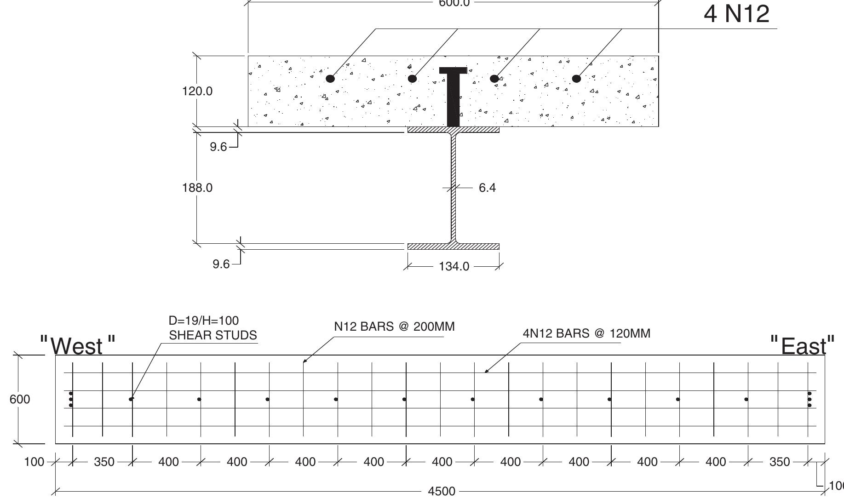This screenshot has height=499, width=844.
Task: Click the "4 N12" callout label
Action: click(736, 14)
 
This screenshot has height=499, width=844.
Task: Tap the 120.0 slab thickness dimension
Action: click(197, 91)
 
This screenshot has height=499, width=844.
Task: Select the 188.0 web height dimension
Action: click(197, 188)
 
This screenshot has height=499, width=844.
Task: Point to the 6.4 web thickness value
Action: click(487, 188)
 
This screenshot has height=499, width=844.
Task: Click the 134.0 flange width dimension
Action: click(454, 267)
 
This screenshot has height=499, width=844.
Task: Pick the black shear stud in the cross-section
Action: click(454, 97)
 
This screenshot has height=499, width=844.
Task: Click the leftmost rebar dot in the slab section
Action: click(330, 79)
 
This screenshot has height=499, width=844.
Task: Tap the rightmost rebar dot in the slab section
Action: click(576, 79)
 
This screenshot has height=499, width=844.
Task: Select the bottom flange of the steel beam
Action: click(454, 247)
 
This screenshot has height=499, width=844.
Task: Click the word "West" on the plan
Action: click(77, 346)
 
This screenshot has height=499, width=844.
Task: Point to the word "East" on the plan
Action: click(803, 346)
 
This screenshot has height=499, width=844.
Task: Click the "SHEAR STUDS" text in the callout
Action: click(213, 335)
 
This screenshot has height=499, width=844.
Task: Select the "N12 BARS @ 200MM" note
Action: click(394, 327)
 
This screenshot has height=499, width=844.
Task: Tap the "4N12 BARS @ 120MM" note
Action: click(586, 333)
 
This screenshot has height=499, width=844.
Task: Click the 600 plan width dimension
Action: click(20, 399)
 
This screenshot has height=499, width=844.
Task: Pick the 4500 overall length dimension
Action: click(442, 492)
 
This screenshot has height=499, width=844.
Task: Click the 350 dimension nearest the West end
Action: click(104, 462)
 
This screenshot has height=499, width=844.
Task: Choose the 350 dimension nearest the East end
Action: click(780, 462)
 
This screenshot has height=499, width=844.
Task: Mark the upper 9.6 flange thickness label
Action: click(218, 147)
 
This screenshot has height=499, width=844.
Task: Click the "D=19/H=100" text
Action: click(204, 321)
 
